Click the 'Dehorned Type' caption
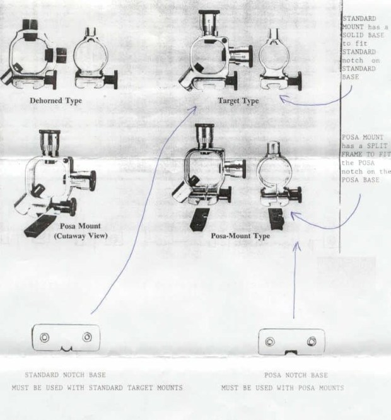pos(55,101)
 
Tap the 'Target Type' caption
pos(238,101)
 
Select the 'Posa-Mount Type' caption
pos(240,236)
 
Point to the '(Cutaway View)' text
pos(81,236)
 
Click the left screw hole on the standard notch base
pos(44,337)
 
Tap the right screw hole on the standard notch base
pos(87,337)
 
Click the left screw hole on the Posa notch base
pos(270,342)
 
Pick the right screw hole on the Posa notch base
pos(312,341)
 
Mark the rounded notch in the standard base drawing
pos(66,349)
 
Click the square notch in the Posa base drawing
pos(291,353)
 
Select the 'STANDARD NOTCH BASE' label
pos(66,375)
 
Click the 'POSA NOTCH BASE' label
pos(296,375)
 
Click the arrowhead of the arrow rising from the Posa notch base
pos(296,246)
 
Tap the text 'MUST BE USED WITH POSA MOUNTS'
pos(283,388)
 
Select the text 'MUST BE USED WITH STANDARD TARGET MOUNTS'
pos(97,388)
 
